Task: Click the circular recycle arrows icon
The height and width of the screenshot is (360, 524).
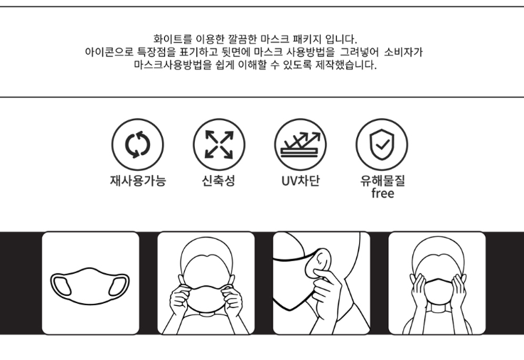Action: click(x=138, y=144)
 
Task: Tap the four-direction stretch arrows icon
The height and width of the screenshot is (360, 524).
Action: click(x=219, y=144)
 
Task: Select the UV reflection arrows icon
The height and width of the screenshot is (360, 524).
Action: click(x=301, y=144)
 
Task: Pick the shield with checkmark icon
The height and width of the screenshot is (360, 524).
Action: click(x=382, y=144)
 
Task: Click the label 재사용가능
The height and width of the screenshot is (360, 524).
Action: click(x=138, y=181)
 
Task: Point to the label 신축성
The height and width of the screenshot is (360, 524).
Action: click(x=218, y=181)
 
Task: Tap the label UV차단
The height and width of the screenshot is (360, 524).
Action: click(x=301, y=181)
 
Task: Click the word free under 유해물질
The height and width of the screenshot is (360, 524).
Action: click(x=383, y=194)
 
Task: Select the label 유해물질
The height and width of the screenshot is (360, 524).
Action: click(x=383, y=181)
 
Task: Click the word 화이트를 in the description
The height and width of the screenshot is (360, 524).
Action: click(x=173, y=39)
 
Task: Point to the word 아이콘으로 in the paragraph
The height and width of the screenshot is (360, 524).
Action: click(x=109, y=52)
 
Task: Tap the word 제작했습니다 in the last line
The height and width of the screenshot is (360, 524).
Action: click(x=346, y=65)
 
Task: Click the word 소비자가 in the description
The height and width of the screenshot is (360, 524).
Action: click(x=403, y=52)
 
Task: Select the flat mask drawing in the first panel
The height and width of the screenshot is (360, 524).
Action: click(x=90, y=286)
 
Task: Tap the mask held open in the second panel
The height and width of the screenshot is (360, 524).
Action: click(x=206, y=298)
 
